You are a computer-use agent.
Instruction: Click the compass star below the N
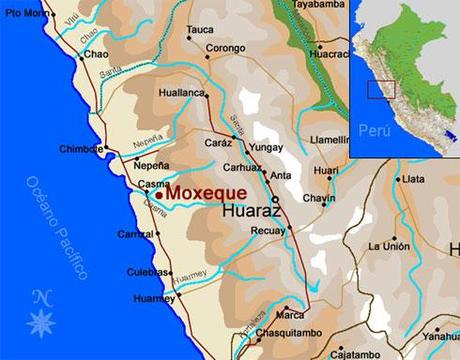coord(41,321)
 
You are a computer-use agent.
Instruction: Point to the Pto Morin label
coord(24,13)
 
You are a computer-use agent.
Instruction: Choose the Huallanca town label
coord(181,93)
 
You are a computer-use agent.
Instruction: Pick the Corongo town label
coord(226,47)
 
